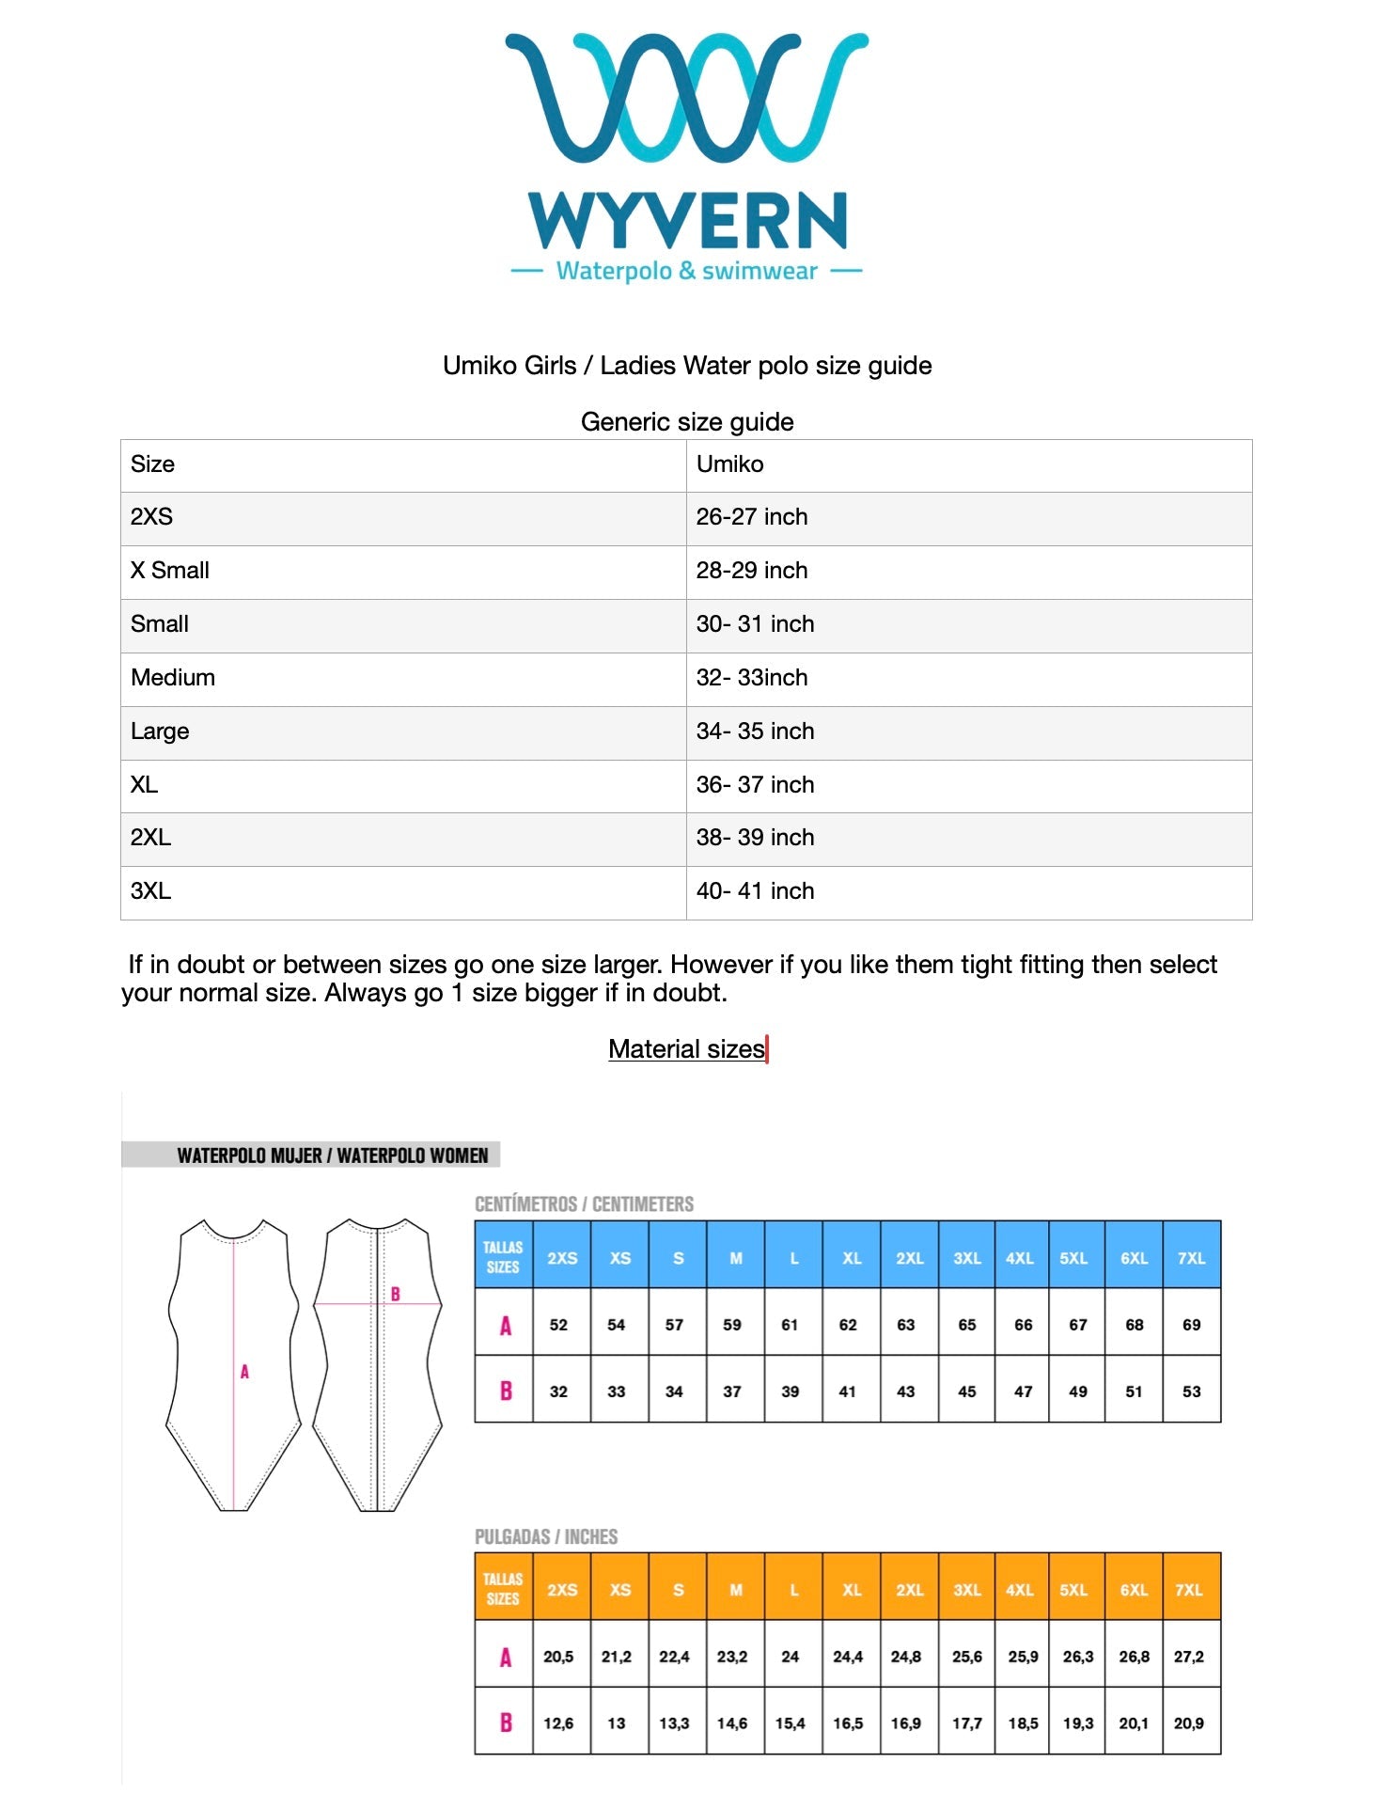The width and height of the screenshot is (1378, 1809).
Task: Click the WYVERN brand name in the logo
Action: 687,220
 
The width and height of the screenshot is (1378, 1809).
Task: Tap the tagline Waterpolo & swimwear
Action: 686,272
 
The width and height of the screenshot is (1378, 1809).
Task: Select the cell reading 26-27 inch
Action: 752,517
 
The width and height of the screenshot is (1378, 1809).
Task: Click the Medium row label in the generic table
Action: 173,678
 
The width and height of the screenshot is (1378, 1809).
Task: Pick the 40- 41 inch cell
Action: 755,891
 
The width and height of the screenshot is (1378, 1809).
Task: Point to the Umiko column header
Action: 729,464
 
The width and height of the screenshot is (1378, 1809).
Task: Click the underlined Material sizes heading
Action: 686,1049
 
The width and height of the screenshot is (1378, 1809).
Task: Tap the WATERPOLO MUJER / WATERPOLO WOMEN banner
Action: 333,1156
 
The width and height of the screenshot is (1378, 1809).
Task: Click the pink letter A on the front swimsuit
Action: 244,1372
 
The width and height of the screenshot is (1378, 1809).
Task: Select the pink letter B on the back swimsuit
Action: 396,1294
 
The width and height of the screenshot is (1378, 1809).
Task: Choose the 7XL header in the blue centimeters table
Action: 1191,1258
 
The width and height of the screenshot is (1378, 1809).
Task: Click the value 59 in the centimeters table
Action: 732,1325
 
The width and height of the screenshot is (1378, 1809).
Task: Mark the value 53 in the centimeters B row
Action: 1191,1392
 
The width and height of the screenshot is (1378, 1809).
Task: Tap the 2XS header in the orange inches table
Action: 562,1590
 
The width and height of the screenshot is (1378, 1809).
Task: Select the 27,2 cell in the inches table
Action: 1189,1657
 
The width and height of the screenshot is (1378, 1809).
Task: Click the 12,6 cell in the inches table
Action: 558,1723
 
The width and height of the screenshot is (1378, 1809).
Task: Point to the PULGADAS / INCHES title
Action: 546,1537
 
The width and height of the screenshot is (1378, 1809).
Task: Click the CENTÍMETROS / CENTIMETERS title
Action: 584,1204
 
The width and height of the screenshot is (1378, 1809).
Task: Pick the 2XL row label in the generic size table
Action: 151,838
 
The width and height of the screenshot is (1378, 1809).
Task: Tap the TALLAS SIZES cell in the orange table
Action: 503,1589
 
